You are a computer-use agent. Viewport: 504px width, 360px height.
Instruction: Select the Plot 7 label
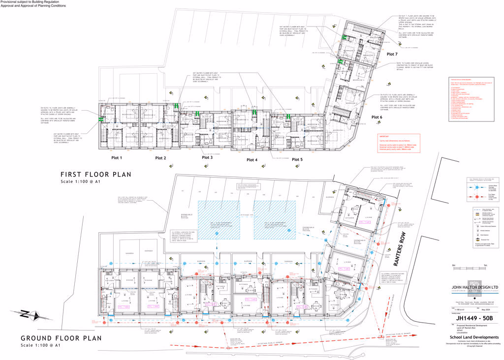click(392, 54)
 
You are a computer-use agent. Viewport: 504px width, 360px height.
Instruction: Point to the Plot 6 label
click(377, 117)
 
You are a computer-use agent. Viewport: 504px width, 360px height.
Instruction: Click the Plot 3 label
click(207, 157)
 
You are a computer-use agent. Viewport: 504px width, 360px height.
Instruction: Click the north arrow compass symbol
click(23, 314)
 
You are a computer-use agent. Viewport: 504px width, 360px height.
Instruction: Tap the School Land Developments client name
click(471, 337)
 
